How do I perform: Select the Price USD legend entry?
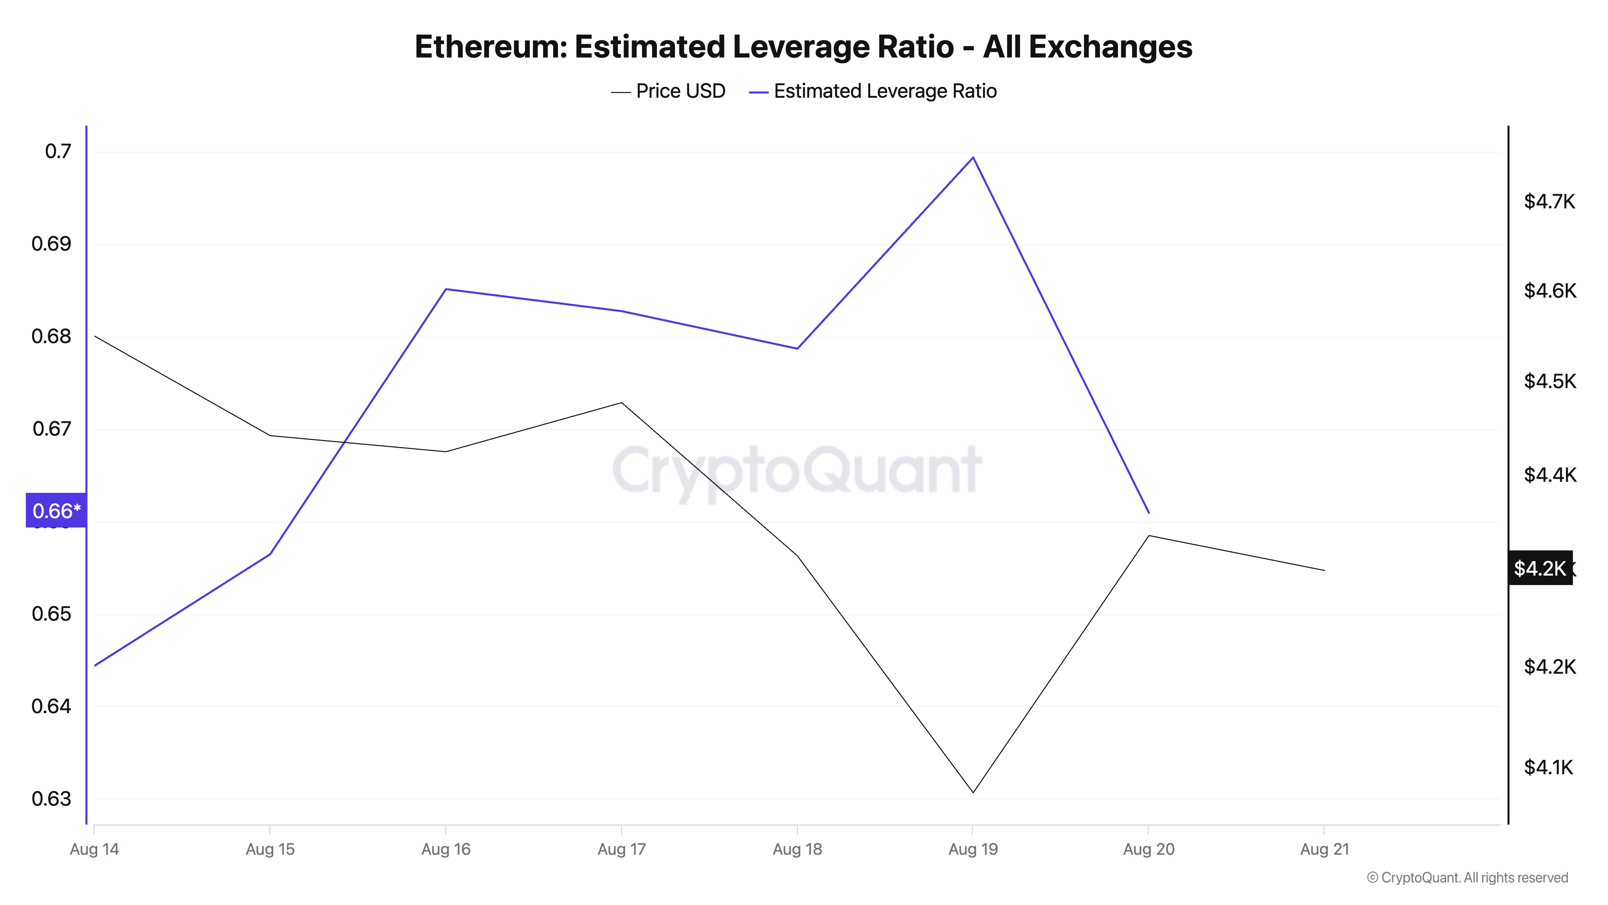[668, 91]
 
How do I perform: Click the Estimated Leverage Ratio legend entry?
[873, 91]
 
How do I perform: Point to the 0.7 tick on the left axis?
[58, 151]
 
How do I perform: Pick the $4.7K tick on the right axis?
[1549, 201]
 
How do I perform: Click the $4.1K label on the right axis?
[1548, 767]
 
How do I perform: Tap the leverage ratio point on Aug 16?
[446, 289]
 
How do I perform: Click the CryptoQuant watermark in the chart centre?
[797, 470]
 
